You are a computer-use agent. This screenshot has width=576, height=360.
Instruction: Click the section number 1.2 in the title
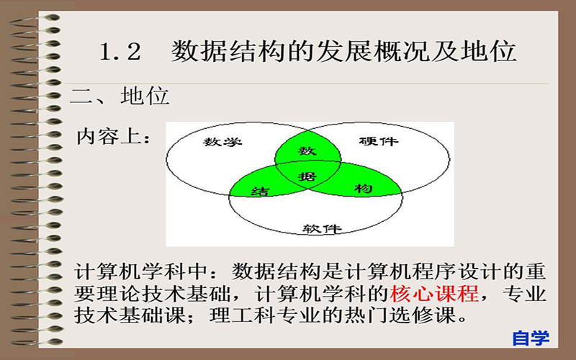120,51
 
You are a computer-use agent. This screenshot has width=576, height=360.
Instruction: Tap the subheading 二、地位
120,96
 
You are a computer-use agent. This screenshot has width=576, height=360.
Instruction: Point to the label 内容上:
113,137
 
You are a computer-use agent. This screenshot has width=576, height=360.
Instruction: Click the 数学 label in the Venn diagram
222,141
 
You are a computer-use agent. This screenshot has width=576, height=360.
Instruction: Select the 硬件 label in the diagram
379,140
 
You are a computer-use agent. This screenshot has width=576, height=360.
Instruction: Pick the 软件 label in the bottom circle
322,229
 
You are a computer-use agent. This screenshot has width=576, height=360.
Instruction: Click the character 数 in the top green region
307,150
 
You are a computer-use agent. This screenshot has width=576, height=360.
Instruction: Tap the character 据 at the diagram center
307,176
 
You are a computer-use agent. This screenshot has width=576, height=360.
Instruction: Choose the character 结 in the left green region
260,191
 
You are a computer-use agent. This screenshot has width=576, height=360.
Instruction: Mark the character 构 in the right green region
364,189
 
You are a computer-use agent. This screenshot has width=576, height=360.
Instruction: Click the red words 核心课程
434,293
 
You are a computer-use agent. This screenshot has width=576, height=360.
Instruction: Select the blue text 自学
531,338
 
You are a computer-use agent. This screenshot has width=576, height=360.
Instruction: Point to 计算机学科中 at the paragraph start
141,271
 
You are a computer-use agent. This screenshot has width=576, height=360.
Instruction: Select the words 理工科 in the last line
243,315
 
